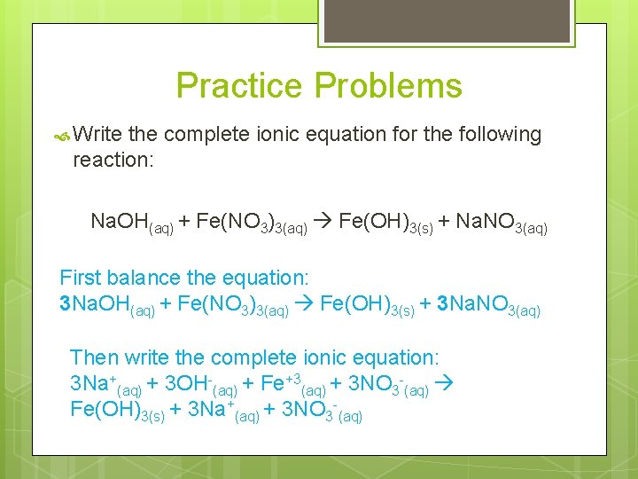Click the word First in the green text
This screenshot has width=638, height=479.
click(x=81, y=277)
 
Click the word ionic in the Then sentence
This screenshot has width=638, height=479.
click(x=330, y=357)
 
